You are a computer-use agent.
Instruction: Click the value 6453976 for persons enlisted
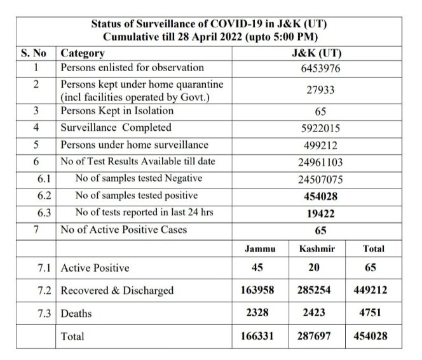(320, 68)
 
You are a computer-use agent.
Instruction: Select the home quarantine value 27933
(320, 91)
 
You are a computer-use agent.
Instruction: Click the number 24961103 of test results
(320, 161)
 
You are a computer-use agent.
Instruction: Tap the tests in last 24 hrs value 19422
(320, 213)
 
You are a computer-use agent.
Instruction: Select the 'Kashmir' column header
(316, 250)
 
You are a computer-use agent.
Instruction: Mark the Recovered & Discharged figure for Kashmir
(316, 290)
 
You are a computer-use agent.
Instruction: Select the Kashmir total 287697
(316, 337)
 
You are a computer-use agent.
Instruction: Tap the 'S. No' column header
(35, 53)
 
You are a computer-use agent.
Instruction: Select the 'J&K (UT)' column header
(320, 53)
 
